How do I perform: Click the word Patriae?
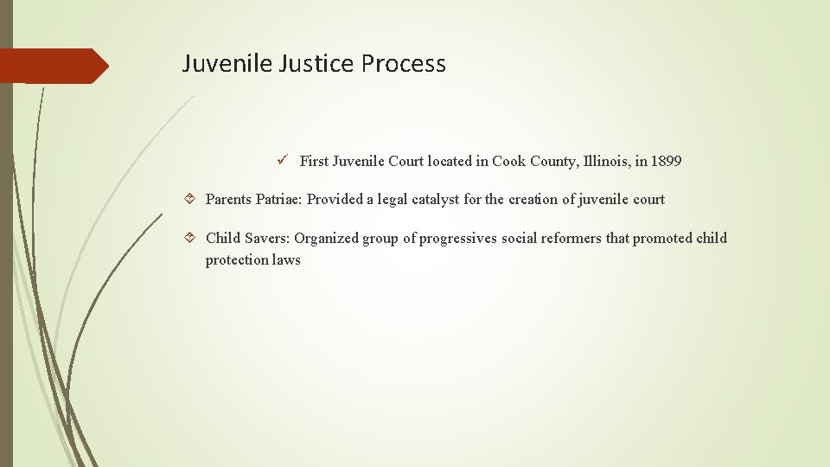pos(278,200)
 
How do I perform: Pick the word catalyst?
pos(431,200)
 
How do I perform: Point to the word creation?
pos(533,200)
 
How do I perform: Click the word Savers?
pos(265,239)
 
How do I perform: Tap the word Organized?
pos(326,239)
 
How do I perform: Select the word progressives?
pos(458,239)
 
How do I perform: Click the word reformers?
pos(571,239)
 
